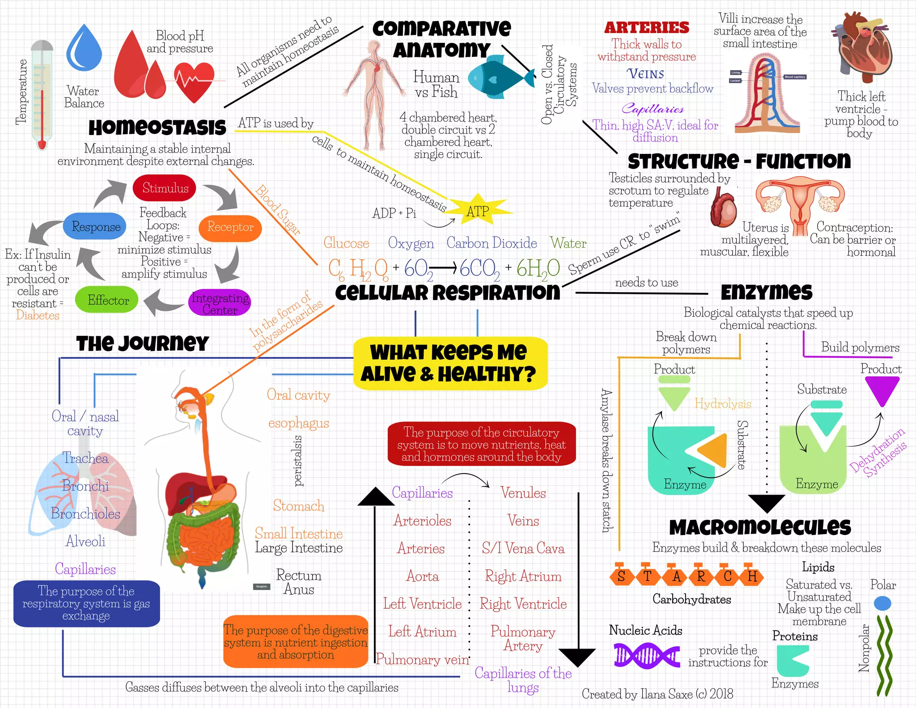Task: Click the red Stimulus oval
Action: tap(165, 188)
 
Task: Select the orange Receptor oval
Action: tap(230, 227)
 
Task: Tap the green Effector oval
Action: tap(107, 300)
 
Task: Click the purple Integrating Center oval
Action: tap(220, 303)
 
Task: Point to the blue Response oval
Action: tap(95, 227)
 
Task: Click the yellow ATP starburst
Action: tap(478, 211)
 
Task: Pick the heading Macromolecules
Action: tap(759, 527)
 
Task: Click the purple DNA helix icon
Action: tap(646, 656)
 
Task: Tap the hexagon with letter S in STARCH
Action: tap(621, 576)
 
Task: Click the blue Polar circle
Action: tap(882, 603)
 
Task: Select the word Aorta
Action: tap(423, 576)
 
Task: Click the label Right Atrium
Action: tap(523, 576)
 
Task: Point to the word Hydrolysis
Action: tap(722, 404)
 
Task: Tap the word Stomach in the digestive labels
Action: tap(298, 506)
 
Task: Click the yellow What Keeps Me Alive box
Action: tap(450, 363)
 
